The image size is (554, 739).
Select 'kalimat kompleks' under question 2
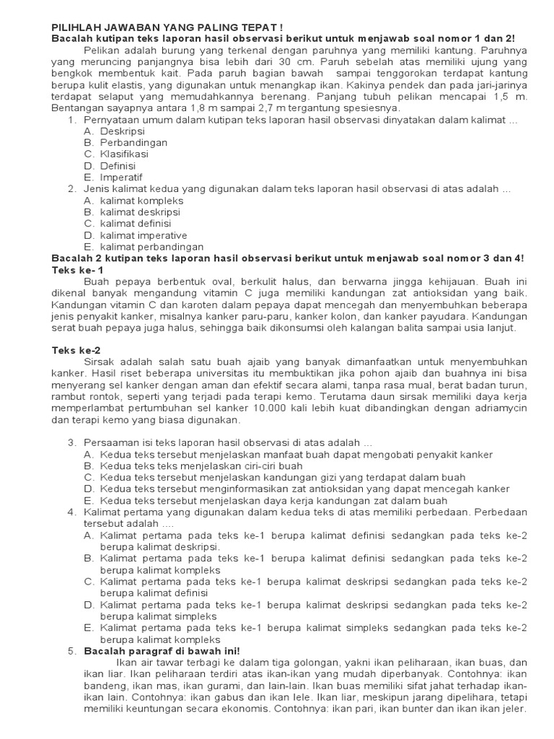point(133,200)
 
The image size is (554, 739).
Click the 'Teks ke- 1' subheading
point(78,269)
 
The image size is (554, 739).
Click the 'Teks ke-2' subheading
point(76,350)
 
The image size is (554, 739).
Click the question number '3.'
point(72,442)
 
